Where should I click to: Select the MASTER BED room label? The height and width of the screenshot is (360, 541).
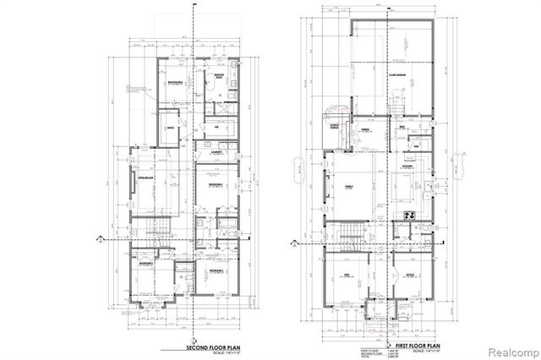pyautogui.click(x=177, y=83)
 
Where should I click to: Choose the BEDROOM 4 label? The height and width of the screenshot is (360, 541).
pyautogui.click(x=216, y=184)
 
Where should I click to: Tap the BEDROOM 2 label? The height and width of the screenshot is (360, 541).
pyautogui.click(x=145, y=264)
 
